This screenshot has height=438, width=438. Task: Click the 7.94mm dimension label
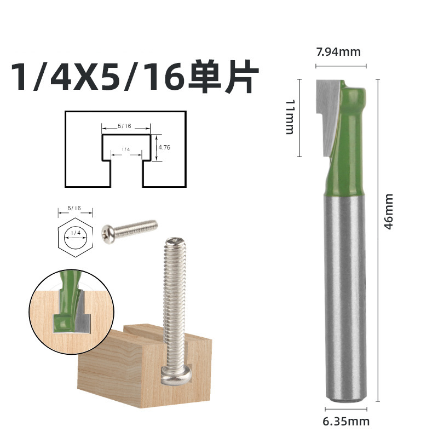tap(338, 52)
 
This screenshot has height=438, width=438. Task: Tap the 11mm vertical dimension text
tap(290, 117)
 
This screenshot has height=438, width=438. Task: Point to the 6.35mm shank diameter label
tap(346, 421)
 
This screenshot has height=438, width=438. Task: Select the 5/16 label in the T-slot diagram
tap(125, 126)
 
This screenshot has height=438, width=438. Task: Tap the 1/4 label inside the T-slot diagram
tap(125, 149)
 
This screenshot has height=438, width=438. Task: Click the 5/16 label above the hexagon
tap(74, 208)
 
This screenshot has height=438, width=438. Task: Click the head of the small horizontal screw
tap(108, 232)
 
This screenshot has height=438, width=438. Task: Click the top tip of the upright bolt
tap(175, 241)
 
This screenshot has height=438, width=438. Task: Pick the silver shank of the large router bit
tap(345, 296)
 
